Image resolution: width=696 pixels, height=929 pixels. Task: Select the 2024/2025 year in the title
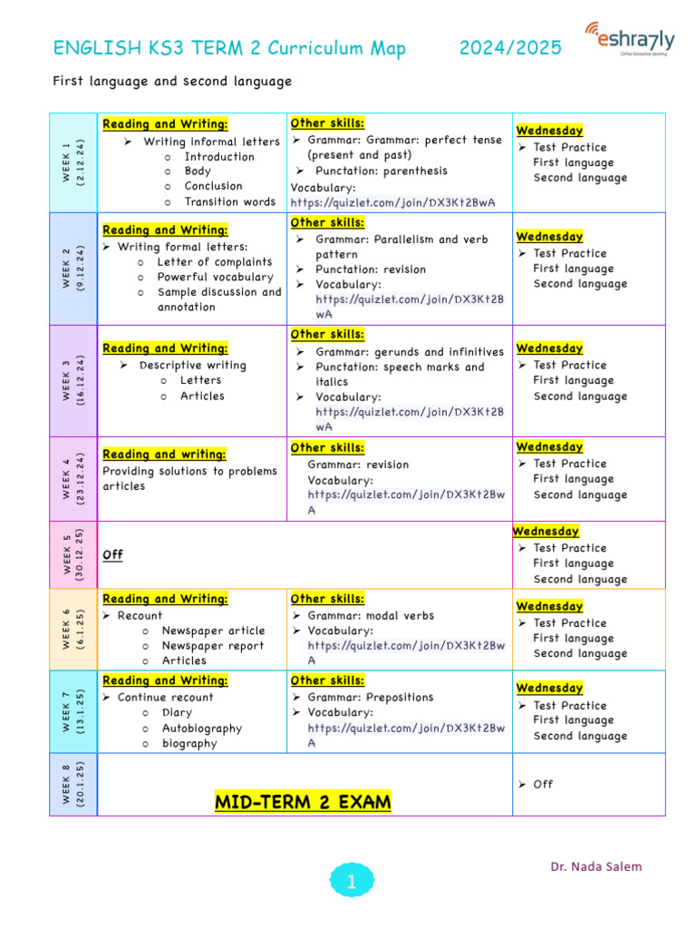(x=510, y=48)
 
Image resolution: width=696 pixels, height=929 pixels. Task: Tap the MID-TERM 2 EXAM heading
(x=303, y=802)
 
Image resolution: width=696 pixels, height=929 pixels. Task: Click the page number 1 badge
(x=351, y=880)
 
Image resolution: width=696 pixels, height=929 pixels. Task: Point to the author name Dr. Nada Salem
(x=595, y=866)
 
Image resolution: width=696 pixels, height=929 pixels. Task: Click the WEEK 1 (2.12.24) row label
(x=73, y=162)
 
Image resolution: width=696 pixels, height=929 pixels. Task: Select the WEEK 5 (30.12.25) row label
(x=73, y=553)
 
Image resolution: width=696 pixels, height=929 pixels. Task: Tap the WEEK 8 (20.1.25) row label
(x=73, y=784)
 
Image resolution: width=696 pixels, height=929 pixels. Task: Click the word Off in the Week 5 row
(x=113, y=554)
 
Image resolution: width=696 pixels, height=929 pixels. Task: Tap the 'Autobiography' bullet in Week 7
(x=202, y=728)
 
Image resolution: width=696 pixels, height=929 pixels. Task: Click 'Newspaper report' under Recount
(x=213, y=646)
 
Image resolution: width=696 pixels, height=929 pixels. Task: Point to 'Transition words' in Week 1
(x=229, y=201)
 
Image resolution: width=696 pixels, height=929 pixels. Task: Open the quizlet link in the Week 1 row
(x=392, y=202)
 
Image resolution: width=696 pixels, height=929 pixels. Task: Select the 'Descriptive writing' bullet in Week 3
(x=192, y=366)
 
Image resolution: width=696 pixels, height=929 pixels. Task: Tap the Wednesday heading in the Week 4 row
(x=549, y=446)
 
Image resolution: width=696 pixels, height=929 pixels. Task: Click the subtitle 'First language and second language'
(x=172, y=82)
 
